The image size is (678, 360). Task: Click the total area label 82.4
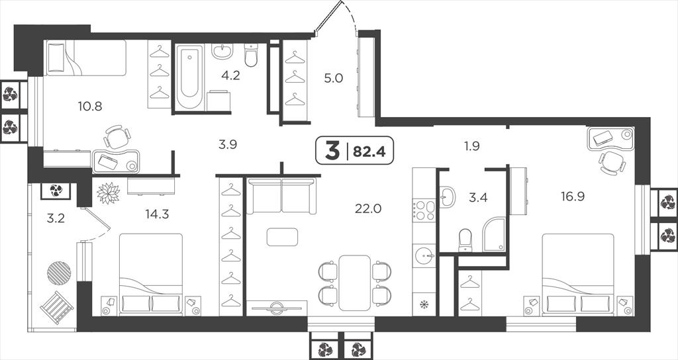point(369,152)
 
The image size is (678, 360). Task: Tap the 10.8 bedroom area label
point(90,106)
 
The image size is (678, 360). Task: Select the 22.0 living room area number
point(368,208)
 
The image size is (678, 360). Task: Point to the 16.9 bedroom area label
point(573,197)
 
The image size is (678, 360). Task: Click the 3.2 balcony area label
point(56,218)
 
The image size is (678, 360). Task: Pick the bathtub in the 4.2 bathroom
point(189,77)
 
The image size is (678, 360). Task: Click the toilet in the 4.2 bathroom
point(251,55)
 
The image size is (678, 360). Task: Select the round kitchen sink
point(424,256)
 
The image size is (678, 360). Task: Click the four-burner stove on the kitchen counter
point(424,211)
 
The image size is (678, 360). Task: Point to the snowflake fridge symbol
point(424,304)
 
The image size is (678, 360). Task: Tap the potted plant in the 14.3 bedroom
point(108,193)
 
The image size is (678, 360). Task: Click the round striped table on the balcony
point(59,273)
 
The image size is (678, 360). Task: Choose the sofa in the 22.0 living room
point(281,196)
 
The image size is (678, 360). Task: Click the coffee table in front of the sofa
point(282,237)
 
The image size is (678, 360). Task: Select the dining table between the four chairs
point(355,283)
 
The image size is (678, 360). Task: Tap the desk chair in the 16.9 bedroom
point(612,163)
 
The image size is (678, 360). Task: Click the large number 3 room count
point(332,151)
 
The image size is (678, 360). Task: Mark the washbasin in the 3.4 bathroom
point(447,196)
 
